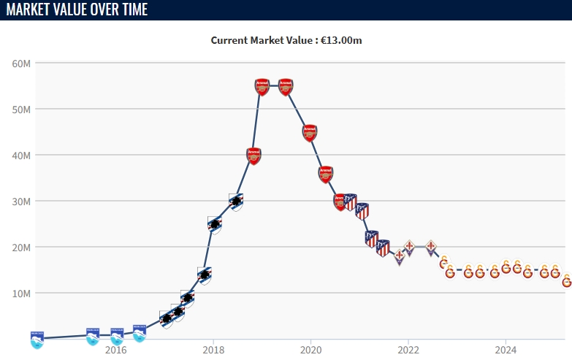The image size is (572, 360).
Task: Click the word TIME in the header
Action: tap(129, 9)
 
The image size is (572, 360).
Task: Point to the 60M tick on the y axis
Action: tap(20, 63)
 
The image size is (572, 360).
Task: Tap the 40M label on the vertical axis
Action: tap(20, 155)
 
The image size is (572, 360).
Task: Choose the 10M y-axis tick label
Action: tap(20, 293)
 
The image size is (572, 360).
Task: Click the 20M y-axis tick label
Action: tap(20, 247)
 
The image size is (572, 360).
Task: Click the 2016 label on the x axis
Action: tap(115, 350)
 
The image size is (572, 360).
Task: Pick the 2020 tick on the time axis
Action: tap(310, 350)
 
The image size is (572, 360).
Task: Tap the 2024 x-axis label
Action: tap(506, 350)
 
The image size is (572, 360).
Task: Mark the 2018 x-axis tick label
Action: tap(213, 350)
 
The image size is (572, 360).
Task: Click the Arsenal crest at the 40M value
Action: tap(253, 156)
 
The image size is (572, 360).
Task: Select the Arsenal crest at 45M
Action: tap(310, 132)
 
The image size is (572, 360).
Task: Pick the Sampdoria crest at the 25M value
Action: tap(214, 224)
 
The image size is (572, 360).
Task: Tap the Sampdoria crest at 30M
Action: tap(235, 201)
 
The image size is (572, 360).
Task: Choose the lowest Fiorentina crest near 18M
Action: tap(400, 256)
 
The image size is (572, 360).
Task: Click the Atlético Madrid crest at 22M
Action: tap(372, 238)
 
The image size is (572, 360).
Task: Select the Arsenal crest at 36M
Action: tap(326, 174)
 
